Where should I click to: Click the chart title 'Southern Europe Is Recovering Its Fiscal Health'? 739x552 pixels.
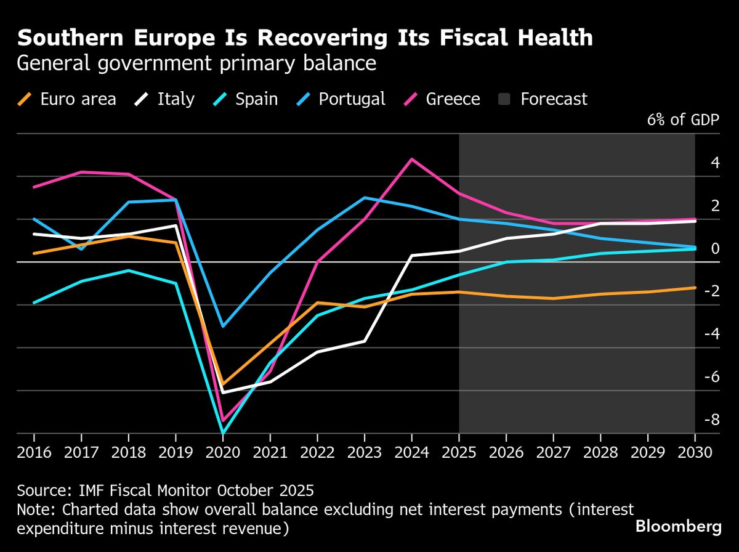point(305,38)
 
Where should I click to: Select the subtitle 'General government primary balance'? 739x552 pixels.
point(196,63)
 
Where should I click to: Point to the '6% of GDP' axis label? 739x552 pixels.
point(683,120)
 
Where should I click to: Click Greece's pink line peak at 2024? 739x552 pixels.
point(411,159)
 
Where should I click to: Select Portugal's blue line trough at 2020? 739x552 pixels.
point(222,326)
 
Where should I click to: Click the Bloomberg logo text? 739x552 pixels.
point(678,527)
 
